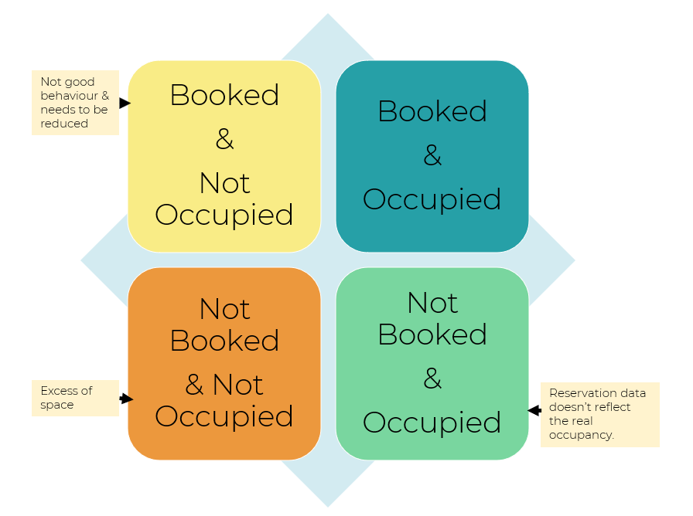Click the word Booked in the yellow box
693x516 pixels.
click(x=224, y=95)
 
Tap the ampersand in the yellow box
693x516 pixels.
click(x=224, y=139)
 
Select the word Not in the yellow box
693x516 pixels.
click(x=224, y=183)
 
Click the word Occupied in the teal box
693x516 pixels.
click(x=432, y=199)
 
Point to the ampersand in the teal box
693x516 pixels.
click(x=432, y=155)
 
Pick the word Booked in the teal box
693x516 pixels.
click(x=432, y=110)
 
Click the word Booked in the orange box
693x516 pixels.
click(x=224, y=341)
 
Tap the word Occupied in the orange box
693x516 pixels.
click(x=224, y=416)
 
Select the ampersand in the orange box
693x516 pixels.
click(x=194, y=385)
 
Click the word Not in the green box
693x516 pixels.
click(x=432, y=303)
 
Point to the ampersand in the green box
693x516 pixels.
click(x=432, y=379)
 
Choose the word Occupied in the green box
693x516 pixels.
click(x=432, y=423)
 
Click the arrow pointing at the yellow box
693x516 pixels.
click(x=125, y=103)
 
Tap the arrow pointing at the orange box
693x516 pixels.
click(x=126, y=399)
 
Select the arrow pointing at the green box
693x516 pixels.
click(x=534, y=410)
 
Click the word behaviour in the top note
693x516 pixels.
click(x=70, y=96)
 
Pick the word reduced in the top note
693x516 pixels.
click(x=64, y=124)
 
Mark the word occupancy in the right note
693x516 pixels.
click(x=581, y=435)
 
